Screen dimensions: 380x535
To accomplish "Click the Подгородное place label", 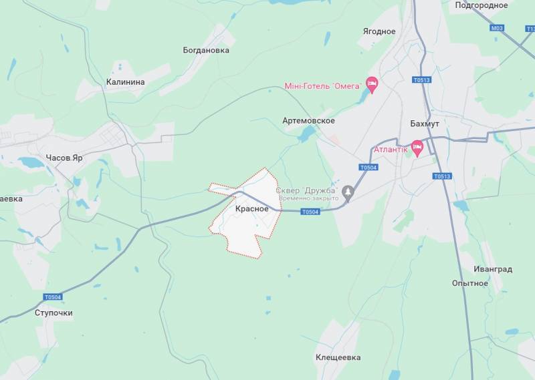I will pyautogui.click(x=481, y=5).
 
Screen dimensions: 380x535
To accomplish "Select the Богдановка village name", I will pyautogui.click(x=206, y=50).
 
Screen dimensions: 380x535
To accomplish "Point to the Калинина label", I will pyautogui.click(x=125, y=82).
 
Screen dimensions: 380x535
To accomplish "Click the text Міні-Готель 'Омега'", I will pyautogui.click(x=322, y=85).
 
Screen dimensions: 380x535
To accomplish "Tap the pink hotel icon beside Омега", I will pyautogui.click(x=372, y=85).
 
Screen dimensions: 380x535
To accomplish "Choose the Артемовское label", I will pyautogui.click(x=308, y=121).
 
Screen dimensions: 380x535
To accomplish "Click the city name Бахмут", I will pyautogui.click(x=424, y=124).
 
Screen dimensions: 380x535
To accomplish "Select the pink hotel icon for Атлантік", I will pyautogui.click(x=418, y=148).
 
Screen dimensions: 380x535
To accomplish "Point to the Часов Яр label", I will pyautogui.click(x=64, y=158).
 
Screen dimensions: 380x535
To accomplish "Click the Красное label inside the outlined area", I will pyautogui.click(x=252, y=209).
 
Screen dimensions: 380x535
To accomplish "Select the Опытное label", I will pyautogui.click(x=469, y=283).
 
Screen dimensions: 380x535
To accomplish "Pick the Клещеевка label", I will pyautogui.click(x=338, y=357).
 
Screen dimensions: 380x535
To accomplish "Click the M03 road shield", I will pyautogui.click(x=496, y=28).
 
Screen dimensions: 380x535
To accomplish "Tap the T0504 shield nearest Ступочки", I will pyautogui.click(x=52, y=297).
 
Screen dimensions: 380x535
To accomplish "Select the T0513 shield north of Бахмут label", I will pyautogui.click(x=421, y=80).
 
